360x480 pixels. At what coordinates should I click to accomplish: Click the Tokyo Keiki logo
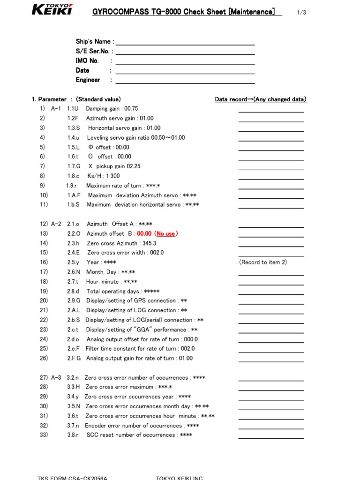coord(52,9)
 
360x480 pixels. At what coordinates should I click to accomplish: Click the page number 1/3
coord(301,13)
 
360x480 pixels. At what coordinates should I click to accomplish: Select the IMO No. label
coord(87,61)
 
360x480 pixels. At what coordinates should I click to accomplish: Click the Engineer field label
coord(88,80)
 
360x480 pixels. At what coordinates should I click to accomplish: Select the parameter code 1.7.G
coord(74,166)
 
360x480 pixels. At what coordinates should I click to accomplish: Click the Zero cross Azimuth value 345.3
coord(148,243)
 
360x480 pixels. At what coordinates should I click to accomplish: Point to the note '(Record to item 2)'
coord(263,262)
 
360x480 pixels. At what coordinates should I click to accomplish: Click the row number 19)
coord(44,291)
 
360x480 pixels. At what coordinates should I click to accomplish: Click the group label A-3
coord(56,377)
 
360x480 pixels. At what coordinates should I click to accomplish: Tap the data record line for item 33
coord(271,438)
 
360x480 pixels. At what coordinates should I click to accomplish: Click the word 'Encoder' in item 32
coord(96,426)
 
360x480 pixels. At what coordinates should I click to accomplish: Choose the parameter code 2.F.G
coord(74,358)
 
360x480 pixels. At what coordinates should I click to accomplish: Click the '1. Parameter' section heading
coord(49,99)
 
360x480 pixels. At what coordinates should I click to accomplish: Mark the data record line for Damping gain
coord(271,112)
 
